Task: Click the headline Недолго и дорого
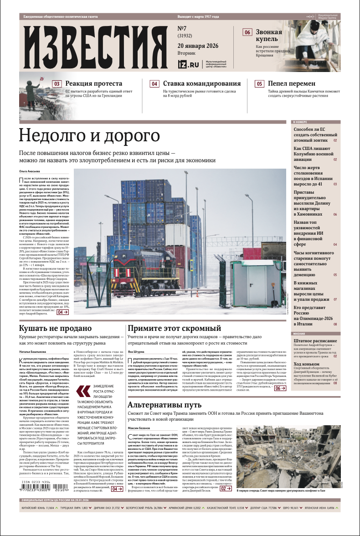coord(89,136)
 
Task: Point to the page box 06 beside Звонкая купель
coord(247,32)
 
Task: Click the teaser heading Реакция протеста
coord(93,83)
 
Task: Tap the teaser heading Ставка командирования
coord(201,83)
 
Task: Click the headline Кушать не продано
coord(56,328)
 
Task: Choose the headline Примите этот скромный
coord(175,328)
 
